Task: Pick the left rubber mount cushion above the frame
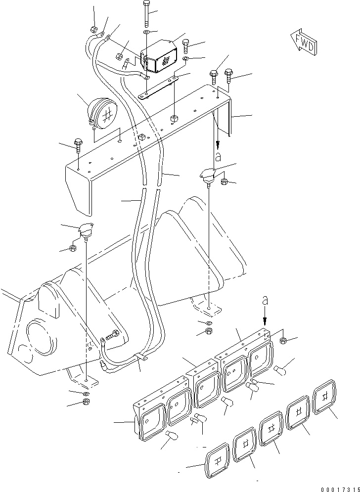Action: tap(85, 230)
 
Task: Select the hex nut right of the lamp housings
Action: tap(284, 340)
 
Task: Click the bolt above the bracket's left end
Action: tap(78, 144)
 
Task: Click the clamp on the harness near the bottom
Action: tap(141, 358)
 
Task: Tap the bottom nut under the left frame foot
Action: tap(85, 403)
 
